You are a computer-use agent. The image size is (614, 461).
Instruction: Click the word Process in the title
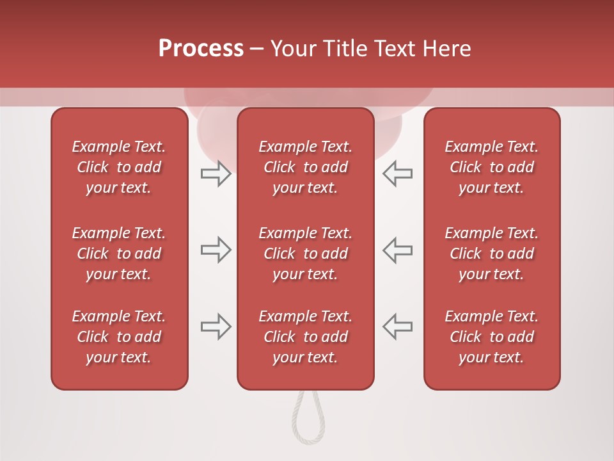click(x=201, y=49)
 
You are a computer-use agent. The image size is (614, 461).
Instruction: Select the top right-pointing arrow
click(x=216, y=174)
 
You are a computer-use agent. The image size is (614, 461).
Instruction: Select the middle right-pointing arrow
click(x=216, y=250)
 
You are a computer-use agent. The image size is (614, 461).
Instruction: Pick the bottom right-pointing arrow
click(x=216, y=327)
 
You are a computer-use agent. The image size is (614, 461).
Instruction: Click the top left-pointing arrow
click(x=398, y=174)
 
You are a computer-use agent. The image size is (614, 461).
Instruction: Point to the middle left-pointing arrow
click(x=398, y=250)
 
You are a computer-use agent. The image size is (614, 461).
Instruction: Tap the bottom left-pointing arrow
click(x=398, y=327)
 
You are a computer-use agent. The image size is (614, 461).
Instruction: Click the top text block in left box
click(x=119, y=167)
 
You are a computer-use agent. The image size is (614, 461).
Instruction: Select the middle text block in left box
click(x=119, y=254)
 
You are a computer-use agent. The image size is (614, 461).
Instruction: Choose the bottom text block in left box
click(x=119, y=337)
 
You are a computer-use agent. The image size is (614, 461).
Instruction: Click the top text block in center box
click(x=306, y=167)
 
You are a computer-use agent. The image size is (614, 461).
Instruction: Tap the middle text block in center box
click(x=306, y=254)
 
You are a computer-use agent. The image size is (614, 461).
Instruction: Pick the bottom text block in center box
click(x=306, y=337)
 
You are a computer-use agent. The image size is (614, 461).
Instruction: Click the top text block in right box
click(x=492, y=167)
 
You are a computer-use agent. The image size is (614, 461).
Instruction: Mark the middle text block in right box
click(x=492, y=254)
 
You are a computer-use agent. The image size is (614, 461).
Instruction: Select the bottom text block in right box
click(x=492, y=337)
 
